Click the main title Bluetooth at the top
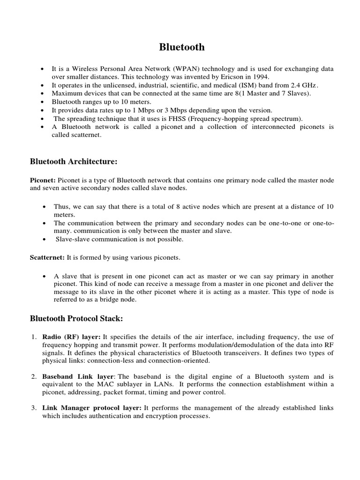[x=182, y=47]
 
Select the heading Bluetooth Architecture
[x=74, y=162]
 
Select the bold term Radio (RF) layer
[x=72, y=337]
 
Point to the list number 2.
[x=34, y=376]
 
